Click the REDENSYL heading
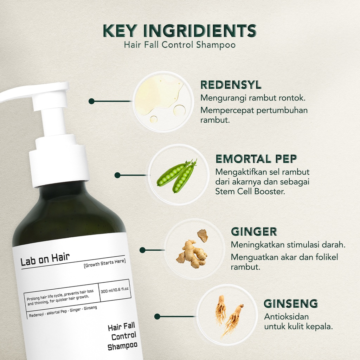click(x=231, y=85)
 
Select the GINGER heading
click(x=254, y=232)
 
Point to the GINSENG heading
click(x=290, y=303)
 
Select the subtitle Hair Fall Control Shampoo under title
click(x=179, y=45)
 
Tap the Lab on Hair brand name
click(x=45, y=260)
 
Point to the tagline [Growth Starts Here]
click(x=104, y=262)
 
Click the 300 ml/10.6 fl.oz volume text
click(x=115, y=291)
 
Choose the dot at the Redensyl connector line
click(x=91, y=101)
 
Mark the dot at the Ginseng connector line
click(x=157, y=316)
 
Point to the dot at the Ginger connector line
click(x=142, y=250)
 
